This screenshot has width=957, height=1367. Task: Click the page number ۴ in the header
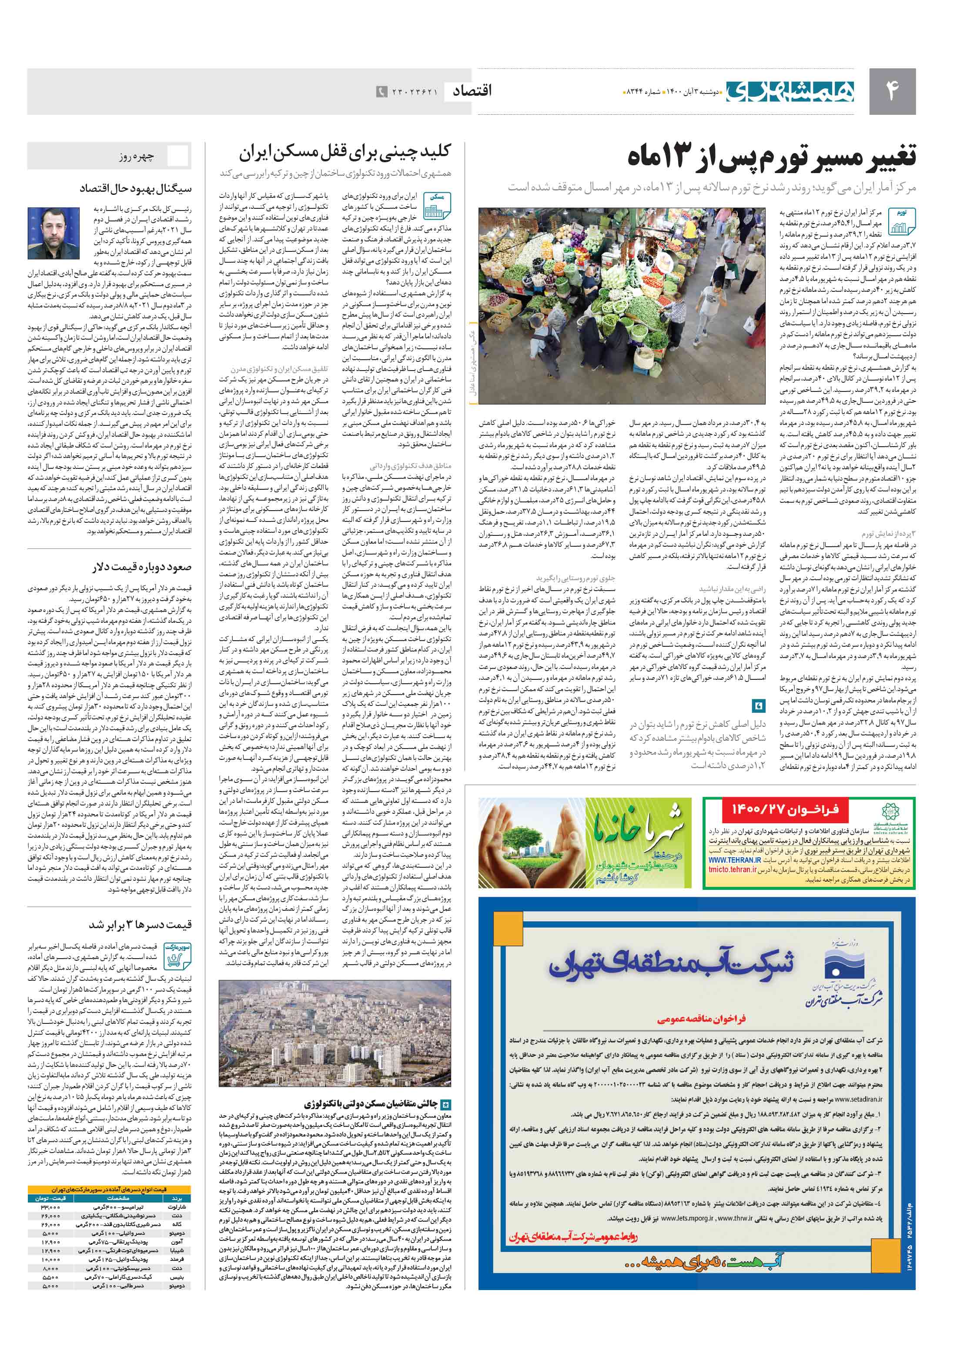[892, 91]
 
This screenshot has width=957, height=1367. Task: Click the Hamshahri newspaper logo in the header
[790, 90]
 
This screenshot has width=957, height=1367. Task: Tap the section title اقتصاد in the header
[472, 91]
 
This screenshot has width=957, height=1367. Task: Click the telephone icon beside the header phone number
[381, 92]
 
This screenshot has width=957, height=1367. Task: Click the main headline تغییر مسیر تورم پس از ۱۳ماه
[771, 157]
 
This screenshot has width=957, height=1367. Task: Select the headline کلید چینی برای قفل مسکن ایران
[345, 154]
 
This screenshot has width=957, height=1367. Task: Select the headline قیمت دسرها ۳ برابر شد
[141, 925]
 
